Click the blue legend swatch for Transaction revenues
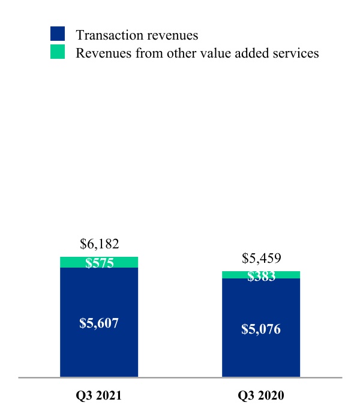pyautogui.click(x=58, y=34)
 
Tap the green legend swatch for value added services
pyautogui.click(x=58, y=52)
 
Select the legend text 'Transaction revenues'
pyautogui.click(x=137, y=35)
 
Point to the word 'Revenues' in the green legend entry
pyautogui.click(x=104, y=53)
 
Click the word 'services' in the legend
pyautogui.click(x=296, y=53)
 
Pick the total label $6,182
pyautogui.click(x=100, y=244)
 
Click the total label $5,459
pyautogui.click(x=262, y=258)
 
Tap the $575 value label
pyautogui.click(x=100, y=263)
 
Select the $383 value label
pyautogui.click(x=261, y=276)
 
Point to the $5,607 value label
pyautogui.click(x=99, y=323)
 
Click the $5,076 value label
pyautogui.click(x=261, y=329)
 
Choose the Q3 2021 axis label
pyautogui.click(x=98, y=395)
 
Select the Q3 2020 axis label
pyautogui.click(x=261, y=395)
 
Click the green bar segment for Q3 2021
pyautogui.click(x=99, y=262)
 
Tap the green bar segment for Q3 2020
pyautogui.click(x=261, y=275)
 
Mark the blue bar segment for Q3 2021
pyautogui.click(x=99, y=322)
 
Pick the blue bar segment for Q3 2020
pyautogui.click(x=261, y=328)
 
